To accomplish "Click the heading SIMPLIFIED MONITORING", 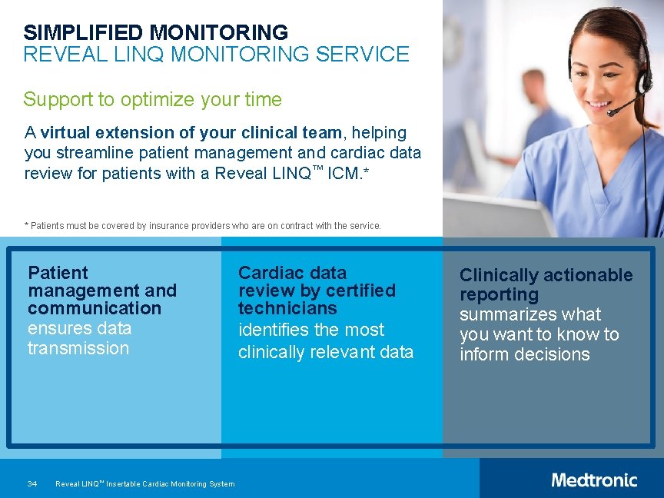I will (155, 33).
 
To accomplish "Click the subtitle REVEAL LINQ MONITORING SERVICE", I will (216, 55).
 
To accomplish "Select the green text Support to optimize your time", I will (152, 100).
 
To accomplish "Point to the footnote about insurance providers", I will (202, 226).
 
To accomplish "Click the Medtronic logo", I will (593, 480).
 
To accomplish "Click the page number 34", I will (32, 484).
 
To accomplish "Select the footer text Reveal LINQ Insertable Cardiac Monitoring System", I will (145, 484).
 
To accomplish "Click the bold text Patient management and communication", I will (101, 290).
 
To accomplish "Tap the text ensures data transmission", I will (79, 338).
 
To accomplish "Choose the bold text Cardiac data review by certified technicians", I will (317, 290).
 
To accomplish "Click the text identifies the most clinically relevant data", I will (325, 341).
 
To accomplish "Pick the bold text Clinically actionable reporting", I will (546, 284).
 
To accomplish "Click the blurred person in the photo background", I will (533, 115).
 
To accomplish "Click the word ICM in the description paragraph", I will (343, 174).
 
